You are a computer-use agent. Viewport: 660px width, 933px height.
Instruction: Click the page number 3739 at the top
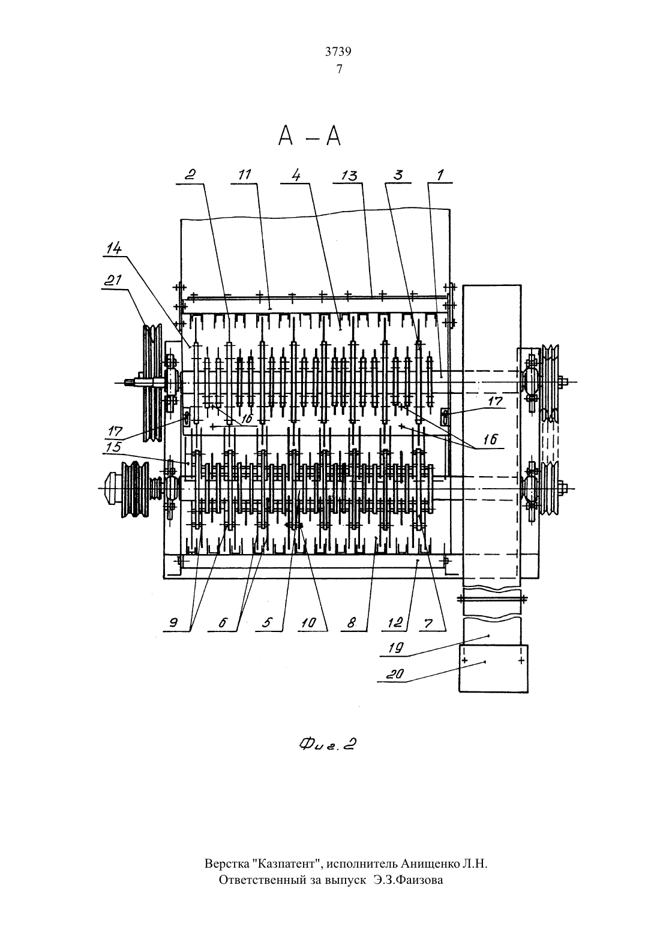point(338,52)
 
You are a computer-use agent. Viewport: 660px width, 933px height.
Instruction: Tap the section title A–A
point(310,136)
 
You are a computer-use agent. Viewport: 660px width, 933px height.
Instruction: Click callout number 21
point(113,280)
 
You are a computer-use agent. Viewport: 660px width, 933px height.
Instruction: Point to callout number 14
point(114,249)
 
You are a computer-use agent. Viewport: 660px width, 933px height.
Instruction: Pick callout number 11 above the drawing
point(245,175)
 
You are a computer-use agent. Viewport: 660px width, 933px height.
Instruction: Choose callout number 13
point(350,176)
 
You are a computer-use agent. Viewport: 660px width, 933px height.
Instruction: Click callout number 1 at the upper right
point(440,174)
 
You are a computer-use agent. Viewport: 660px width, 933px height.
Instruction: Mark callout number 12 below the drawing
point(395,622)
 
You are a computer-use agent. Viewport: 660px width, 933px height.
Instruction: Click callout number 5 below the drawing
point(267,622)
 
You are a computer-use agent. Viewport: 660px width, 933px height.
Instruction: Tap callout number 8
point(352,622)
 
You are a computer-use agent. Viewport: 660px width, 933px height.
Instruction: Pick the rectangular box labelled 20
point(494,669)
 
